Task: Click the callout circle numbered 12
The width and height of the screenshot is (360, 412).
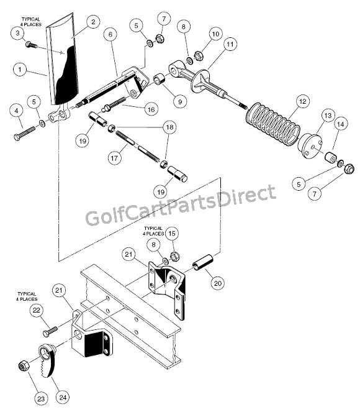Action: [x=302, y=101]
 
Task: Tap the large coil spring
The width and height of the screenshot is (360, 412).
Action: [x=273, y=124]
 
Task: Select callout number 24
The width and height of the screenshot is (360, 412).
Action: [x=63, y=397]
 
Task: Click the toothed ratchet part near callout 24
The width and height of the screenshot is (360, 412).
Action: [x=48, y=360]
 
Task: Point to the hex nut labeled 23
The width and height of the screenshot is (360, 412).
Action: [x=23, y=365]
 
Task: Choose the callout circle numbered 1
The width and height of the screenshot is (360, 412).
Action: [x=20, y=70]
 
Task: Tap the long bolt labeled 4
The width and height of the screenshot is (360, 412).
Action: [x=24, y=133]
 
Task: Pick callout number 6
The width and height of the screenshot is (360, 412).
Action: [x=110, y=34]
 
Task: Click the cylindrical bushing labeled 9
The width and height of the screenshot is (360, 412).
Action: [x=160, y=79]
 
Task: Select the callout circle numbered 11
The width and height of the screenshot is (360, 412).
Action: [x=230, y=44]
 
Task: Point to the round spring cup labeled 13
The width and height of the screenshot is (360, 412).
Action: [x=310, y=146]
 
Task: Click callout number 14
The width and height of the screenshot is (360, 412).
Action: [x=340, y=124]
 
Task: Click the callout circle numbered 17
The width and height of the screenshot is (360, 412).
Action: [x=114, y=158]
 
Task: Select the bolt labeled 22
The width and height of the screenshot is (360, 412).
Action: [x=50, y=332]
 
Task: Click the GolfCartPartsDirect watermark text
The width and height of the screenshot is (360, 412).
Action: [x=181, y=205]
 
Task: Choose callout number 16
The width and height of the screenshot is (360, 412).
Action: [x=151, y=109]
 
